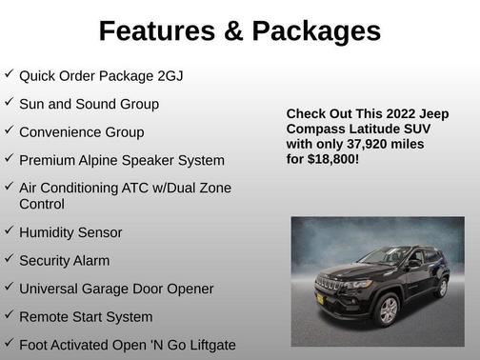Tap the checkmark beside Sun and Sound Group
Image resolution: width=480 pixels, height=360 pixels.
tap(9, 101)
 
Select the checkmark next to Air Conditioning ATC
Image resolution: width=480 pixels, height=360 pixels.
tap(9, 186)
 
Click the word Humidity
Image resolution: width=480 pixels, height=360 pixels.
tap(50, 232)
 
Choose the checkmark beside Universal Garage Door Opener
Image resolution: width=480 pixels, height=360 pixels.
tap(9, 286)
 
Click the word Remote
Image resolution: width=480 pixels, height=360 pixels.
tap(45, 316)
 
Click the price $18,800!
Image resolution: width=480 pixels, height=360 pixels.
tap(332, 159)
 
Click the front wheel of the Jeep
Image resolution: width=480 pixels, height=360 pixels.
tap(389, 310)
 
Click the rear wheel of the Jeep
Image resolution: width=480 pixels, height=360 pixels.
tap(441, 287)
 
